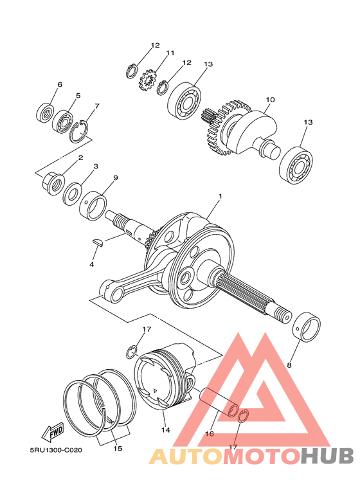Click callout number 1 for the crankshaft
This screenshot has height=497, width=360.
tap(219, 196)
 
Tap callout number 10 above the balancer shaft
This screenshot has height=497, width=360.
tap(270, 100)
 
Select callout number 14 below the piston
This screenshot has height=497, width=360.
tap(165, 429)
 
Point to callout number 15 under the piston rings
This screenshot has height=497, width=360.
tap(117, 448)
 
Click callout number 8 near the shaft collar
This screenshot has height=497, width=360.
tap(289, 365)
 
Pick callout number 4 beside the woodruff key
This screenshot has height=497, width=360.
tap(92, 264)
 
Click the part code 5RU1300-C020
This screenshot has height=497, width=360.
tap(56, 451)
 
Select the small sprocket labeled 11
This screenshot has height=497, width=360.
tap(148, 82)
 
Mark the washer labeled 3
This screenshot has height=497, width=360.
tap(72, 193)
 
